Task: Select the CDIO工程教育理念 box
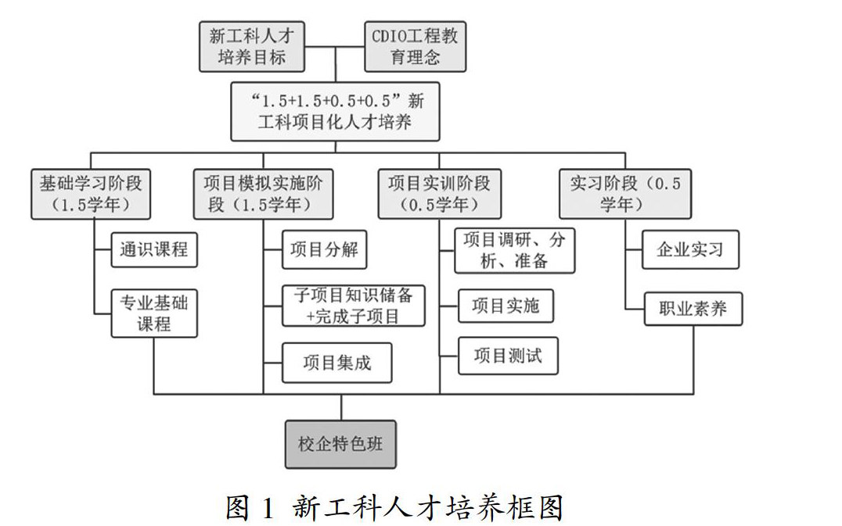416,46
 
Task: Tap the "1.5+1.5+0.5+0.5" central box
336,112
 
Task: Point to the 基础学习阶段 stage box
91,194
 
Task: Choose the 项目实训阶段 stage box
439,194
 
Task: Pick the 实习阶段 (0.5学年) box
625,194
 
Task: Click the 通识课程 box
153,251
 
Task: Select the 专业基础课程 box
153,313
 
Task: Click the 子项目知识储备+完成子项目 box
354,305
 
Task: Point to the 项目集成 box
336,363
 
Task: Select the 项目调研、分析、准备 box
515,250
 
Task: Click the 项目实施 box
506,306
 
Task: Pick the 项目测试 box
507,357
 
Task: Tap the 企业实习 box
689,251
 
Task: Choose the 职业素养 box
693,310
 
